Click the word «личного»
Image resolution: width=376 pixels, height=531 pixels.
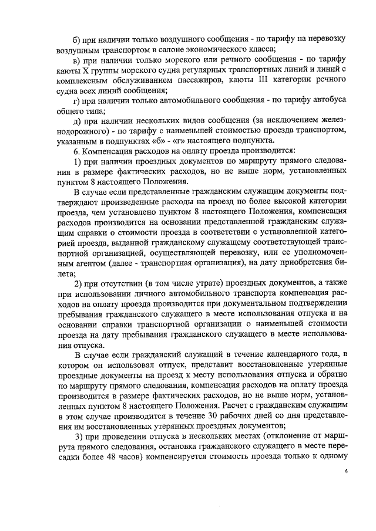145,293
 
